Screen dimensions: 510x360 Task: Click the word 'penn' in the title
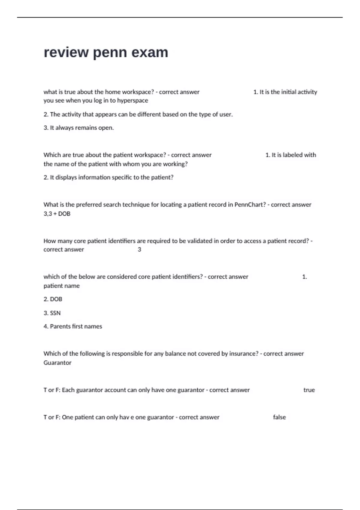point(110,53)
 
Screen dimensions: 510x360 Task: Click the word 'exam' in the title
point(150,52)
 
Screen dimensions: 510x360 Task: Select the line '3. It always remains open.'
point(79,128)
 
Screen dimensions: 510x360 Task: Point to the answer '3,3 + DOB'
point(57,214)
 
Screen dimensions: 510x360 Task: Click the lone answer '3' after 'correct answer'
point(139,250)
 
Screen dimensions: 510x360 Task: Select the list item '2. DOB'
point(53,299)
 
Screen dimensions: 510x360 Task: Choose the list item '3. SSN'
point(52,313)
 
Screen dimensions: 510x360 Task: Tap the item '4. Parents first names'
point(73,326)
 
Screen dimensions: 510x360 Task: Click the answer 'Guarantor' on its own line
point(57,363)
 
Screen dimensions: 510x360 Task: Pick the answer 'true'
point(309,390)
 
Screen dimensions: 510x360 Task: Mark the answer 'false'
point(279,417)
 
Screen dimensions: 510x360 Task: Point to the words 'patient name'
point(61,286)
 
